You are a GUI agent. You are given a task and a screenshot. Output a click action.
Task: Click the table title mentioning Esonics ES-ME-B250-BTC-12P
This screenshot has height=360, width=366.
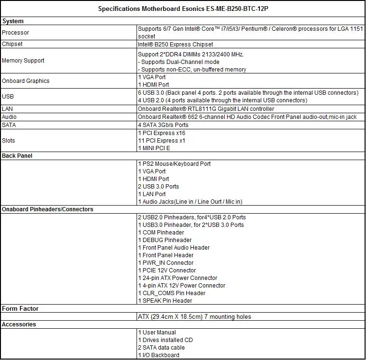tap(183, 9)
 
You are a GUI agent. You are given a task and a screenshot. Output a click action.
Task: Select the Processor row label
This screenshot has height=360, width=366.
tap(16, 33)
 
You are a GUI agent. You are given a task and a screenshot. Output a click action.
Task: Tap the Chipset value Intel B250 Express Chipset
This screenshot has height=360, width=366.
tap(175, 44)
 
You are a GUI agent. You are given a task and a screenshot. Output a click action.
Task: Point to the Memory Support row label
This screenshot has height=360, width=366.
tap(23, 61)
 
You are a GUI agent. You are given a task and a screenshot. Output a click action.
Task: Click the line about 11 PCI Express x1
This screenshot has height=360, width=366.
tap(162, 141)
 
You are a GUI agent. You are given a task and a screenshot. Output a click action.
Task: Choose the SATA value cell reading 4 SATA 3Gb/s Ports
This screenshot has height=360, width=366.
tap(163, 125)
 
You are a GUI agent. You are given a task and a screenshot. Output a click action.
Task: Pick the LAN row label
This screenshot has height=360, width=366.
tap(8, 109)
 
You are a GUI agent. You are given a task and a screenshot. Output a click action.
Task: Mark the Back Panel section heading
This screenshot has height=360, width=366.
tap(17, 156)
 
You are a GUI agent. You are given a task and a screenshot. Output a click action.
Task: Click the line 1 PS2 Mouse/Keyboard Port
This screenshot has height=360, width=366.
tap(174, 164)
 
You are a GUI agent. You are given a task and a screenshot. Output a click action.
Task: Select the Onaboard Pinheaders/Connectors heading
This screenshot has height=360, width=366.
tap(48, 209)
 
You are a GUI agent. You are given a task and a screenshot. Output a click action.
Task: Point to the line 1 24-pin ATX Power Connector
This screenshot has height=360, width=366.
tap(178, 278)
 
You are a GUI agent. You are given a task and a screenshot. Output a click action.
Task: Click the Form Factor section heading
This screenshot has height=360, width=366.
tap(20, 309)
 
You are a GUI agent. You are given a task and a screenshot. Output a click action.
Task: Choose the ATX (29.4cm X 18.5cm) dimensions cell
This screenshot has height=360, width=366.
tap(194, 316)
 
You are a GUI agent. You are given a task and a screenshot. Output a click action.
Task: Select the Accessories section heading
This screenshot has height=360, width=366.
tap(19, 324)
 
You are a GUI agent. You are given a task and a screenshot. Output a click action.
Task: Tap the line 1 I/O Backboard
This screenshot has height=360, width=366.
tap(159, 355)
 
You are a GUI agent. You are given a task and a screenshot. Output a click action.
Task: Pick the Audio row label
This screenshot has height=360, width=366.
tap(9, 117)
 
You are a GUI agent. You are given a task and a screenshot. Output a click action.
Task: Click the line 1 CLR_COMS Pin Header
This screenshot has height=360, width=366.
tap(172, 293)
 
